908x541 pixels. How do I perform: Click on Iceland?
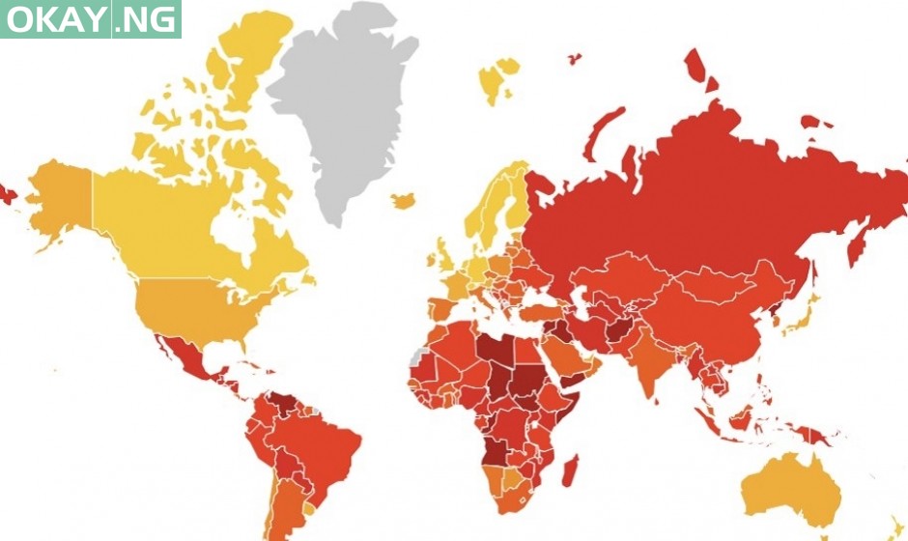[x=404, y=201]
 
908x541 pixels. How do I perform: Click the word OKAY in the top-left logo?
[x=52, y=19]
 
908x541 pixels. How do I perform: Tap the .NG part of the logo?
[x=147, y=19]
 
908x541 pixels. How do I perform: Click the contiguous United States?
[x=193, y=304]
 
